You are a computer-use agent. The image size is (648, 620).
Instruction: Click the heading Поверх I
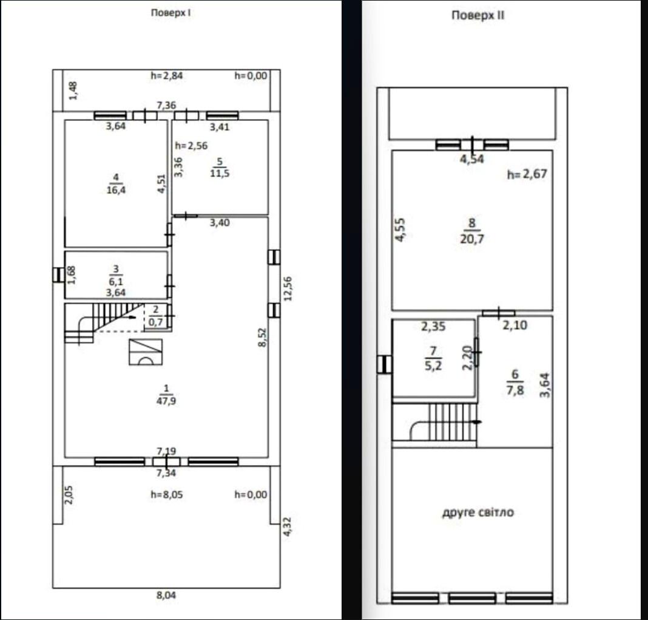[x=170, y=13]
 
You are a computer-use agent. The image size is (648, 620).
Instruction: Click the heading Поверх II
[x=478, y=15]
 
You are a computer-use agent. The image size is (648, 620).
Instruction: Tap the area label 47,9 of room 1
[x=166, y=401]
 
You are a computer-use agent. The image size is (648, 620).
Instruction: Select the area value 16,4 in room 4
[x=116, y=190]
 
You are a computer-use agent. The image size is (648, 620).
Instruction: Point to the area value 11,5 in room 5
[x=220, y=173]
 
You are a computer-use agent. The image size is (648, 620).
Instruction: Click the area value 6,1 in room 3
[x=116, y=282]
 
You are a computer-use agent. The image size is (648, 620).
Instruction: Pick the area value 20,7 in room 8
[x=472, y=239]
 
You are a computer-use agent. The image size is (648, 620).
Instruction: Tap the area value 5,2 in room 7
[x=433, y=365]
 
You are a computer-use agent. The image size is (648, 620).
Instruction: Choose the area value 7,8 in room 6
[x=515, y=390]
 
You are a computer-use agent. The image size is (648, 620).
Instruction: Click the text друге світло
[x=478, y=512]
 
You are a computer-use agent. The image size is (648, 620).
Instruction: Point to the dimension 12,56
[x=288, y=288]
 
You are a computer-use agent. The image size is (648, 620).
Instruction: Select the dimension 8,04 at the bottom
[x=166, y=595]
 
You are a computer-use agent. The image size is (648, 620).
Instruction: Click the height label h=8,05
[x=166, y=494]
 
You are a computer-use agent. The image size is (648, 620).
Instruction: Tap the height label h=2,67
[x=527, y=174]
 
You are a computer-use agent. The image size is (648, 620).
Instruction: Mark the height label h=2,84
[x=166, y=75]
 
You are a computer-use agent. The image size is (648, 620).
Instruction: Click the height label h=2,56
[x=191, y=146]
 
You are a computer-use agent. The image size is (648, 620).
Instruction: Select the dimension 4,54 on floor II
[x=472, y=159]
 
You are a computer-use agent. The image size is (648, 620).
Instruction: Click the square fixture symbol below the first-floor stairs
[x=146, y=352]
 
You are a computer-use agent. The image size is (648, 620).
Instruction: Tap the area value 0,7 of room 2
[x=155, y=322]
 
